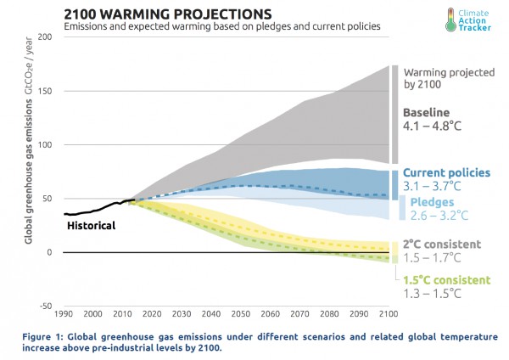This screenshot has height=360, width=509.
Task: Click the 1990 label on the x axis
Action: pos(67,313)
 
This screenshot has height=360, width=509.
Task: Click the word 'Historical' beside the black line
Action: pos(90,226)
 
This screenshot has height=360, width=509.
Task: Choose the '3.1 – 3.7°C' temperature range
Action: pos(436,187)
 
